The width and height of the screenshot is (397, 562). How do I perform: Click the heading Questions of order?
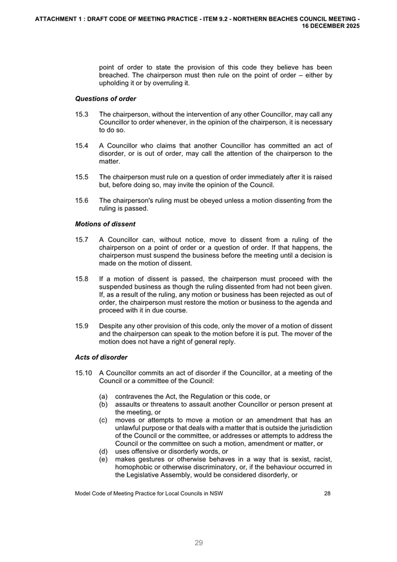[x=105, y=98]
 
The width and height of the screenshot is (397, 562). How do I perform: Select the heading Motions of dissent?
[x=105, y=224]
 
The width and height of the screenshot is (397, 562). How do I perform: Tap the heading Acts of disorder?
[x=101, y=357]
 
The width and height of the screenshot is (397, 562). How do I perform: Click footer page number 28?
[x=327, y=494]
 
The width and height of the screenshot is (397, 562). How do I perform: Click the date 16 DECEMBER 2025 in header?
[x=331, y=26]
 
